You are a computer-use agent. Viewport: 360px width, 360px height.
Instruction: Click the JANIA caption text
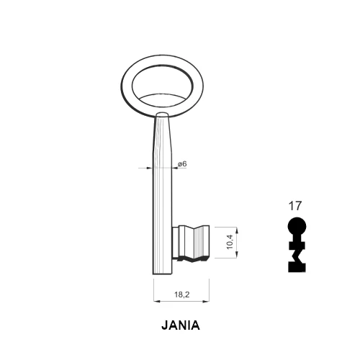181,325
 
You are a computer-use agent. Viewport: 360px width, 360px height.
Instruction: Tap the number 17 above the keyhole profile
294,206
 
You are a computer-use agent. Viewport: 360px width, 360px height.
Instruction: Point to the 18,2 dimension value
182,294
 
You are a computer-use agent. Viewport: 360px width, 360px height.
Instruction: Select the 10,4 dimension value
230,242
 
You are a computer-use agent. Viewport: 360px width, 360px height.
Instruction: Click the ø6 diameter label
182,164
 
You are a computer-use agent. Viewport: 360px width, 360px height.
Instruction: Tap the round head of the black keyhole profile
297,227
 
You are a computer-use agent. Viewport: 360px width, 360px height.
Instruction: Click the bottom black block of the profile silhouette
297,267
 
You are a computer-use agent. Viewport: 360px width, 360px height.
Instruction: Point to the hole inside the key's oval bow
163,86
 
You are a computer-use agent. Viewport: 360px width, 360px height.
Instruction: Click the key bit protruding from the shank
191,243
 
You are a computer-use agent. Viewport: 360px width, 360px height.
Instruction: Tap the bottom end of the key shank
163,274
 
